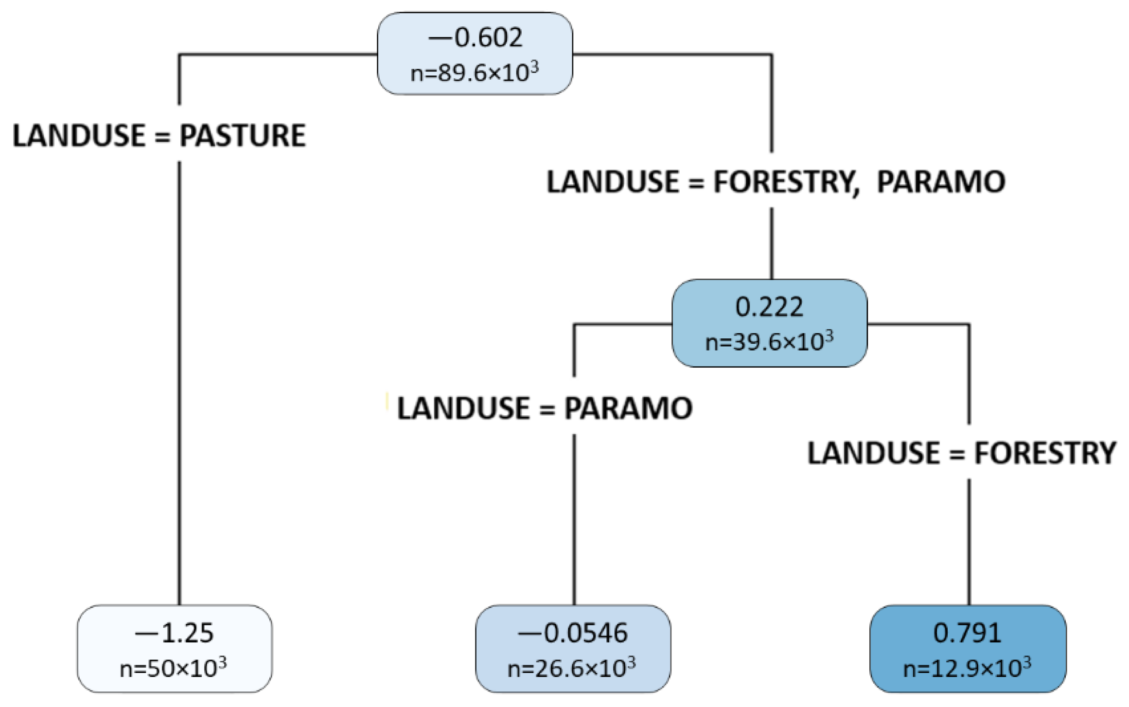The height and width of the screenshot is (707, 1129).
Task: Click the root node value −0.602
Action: point(475,37)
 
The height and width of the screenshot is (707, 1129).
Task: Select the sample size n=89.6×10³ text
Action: point(475,73)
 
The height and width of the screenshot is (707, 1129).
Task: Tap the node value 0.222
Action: point(769,307)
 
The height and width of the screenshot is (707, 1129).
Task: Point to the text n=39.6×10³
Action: point(769,342)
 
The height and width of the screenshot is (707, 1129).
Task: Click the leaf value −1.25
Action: point(174,633)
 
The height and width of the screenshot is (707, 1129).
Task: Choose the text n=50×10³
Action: point(173,669)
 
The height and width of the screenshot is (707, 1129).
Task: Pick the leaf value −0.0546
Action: point(572,633)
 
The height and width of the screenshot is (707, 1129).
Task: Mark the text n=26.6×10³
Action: point(571,669)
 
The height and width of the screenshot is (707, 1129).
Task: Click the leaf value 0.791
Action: point(967,633)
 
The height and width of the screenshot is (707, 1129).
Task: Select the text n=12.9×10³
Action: point(967,669)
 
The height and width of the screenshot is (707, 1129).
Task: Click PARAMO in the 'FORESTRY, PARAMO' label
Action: point(941,182)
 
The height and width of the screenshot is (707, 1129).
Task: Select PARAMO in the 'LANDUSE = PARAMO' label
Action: point(628,408)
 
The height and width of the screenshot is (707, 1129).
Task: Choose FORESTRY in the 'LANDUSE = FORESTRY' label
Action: point(1045,453)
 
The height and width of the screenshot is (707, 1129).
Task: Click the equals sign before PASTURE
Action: point(162,137)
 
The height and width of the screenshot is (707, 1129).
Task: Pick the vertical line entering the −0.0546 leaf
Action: point(574,515)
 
